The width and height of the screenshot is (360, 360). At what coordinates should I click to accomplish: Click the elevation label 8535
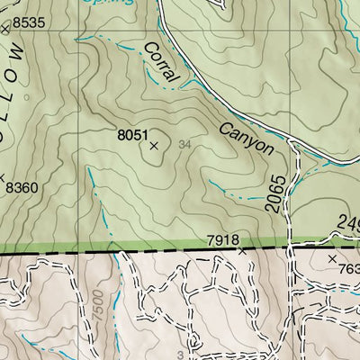tap(27, 21)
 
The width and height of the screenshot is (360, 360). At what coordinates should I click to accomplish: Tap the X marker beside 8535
tap(4, 30)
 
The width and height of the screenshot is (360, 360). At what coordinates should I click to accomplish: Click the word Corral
tap(163, 66)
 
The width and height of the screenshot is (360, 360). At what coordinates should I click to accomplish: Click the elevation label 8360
tap(22, 188)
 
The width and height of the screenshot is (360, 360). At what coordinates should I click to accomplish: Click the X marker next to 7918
tap(242, 253)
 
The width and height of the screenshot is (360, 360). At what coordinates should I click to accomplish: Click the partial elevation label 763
tap(348, 269)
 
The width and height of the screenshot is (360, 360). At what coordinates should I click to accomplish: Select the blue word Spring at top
tap(109, 3)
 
